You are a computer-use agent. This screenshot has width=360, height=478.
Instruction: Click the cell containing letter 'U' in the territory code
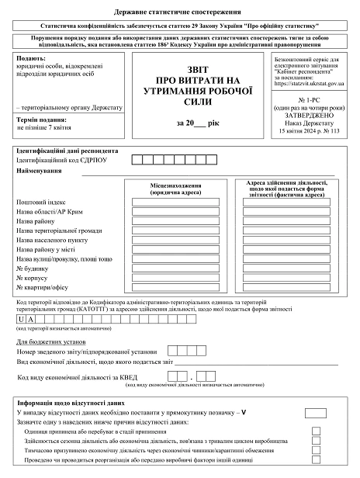click(21, 319)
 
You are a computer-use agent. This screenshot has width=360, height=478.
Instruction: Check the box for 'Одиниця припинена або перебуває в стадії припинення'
click(316, 431)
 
